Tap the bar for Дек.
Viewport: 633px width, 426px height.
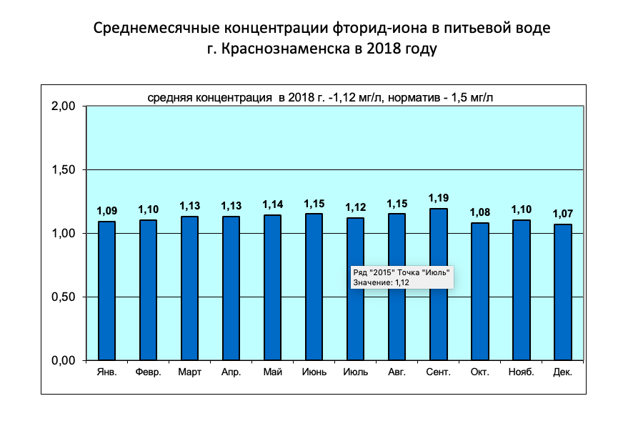coord(562,292)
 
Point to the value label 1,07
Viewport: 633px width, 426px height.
coord(562,214)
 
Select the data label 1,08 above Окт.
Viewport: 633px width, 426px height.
coord(479,212)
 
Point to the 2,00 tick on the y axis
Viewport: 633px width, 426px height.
coord(64,106)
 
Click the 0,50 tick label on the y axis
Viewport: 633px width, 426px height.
coord(64,297)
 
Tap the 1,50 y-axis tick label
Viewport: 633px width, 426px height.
coord(64,170)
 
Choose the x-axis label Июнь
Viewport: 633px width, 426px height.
coord(314,372)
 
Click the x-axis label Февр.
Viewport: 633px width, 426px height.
coord(148,372)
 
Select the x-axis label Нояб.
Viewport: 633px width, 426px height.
coord(521,372)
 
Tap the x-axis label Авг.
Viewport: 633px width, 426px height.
coord(397,372)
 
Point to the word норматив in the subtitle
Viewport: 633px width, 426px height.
coord(411,97)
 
